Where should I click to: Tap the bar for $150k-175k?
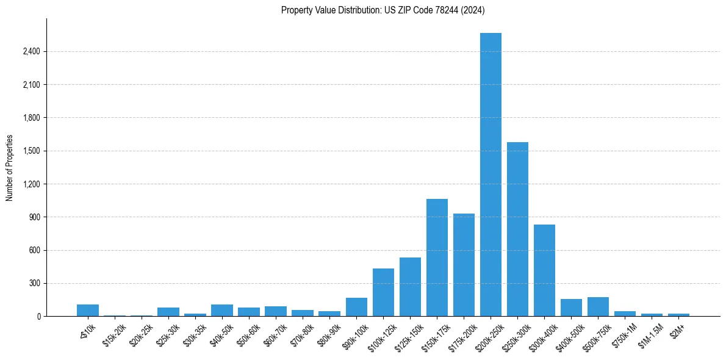(x=437, y=257)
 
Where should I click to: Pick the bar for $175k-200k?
(x=464, y=265)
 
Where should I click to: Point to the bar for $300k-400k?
(x=544, y=270)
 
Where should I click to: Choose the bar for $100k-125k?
(x=383, y=292)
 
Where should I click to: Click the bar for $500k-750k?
(x=598, y=307)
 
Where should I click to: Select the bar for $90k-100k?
(x=356, y=307)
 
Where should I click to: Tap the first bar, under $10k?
(x=88, y=310)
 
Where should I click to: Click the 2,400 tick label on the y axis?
(x=31, y=51)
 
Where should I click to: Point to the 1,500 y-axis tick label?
(x=31, y=151)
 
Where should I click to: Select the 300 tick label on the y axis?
(x=34, y=283)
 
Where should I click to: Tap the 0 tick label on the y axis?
(x=38, y=316)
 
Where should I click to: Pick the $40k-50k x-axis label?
(x=221, y=334)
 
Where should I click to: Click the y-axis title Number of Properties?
(x=10, y=168)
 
